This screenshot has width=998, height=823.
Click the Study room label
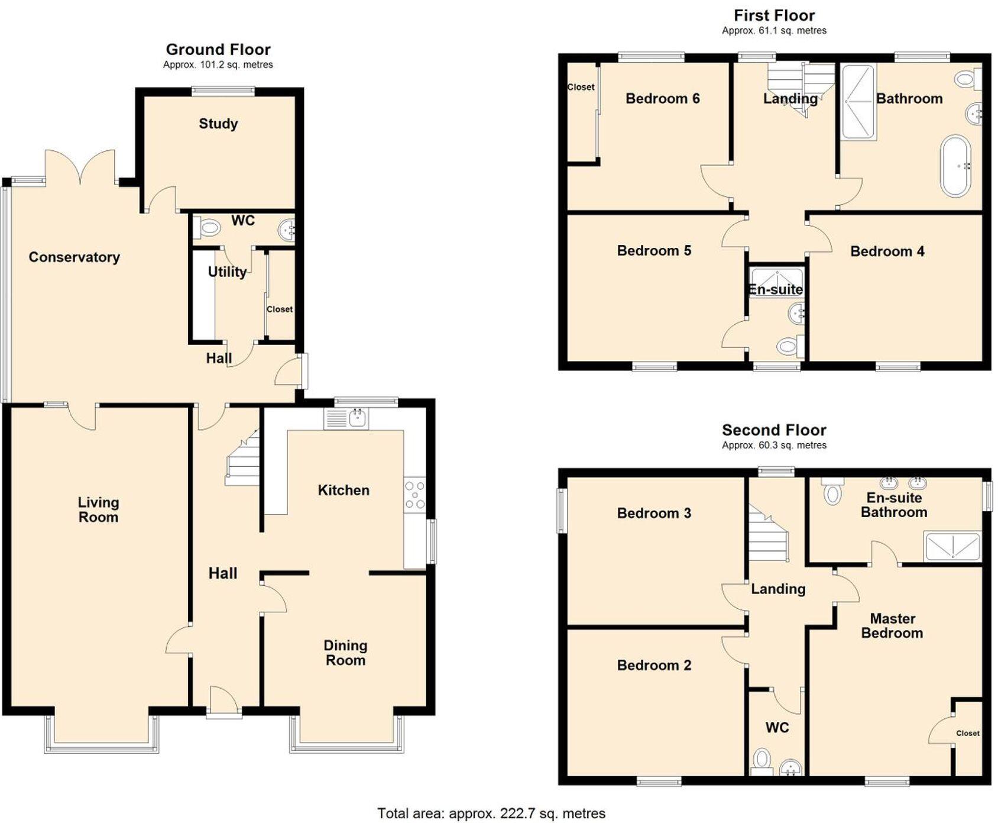tap(218, 124)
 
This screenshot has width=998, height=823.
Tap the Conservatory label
tap(74, 257)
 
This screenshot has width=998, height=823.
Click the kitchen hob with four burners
tap(414, 495)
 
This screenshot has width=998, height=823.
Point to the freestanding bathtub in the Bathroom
tap(955, 166)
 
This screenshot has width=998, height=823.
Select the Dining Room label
tap(345, 653)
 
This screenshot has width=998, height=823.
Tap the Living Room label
tap(98, 509)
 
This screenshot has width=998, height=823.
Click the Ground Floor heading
tap(218, 49)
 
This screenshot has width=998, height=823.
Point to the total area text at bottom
tap(491, 814)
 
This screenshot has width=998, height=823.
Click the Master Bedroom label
tap(892, 625)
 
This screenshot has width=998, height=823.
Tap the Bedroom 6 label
tap(662, 98)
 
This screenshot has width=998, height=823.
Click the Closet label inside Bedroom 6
tap(581, 87)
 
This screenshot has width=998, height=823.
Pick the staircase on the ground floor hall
tap(243, 459)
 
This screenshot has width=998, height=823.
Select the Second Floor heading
tap(773, 430)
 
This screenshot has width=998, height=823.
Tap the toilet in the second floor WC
tap(762, 760)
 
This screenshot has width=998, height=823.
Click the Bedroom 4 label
tap(887, 251)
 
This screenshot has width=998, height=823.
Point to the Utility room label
tap(227, 272)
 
